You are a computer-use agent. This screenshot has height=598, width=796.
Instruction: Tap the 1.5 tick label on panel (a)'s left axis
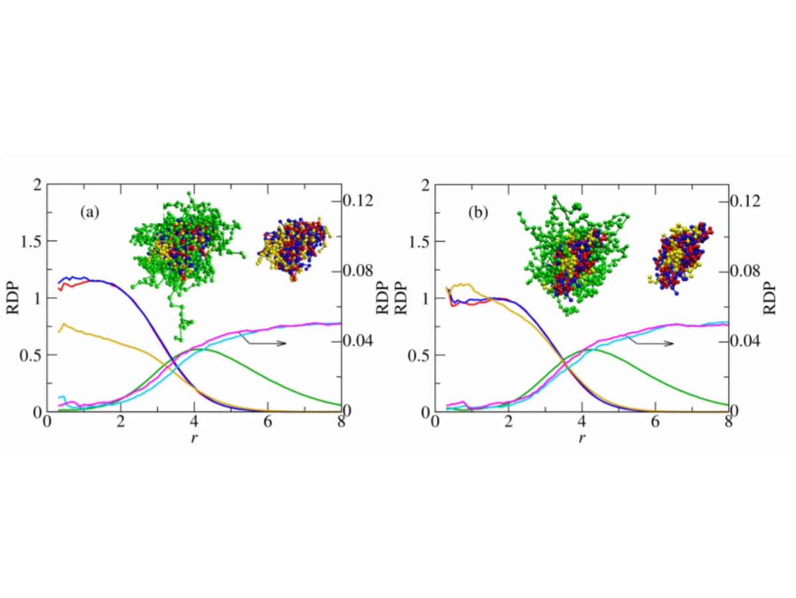[x=29, y=241]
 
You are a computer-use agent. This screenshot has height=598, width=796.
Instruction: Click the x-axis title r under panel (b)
[x=582, y=437]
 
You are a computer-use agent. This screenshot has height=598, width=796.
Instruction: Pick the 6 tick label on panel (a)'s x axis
[x=268, y=424]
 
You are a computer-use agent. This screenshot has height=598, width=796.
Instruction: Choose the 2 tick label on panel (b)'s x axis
[x=509, y=424]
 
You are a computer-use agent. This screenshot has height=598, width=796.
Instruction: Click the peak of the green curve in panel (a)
[x=199, y=349]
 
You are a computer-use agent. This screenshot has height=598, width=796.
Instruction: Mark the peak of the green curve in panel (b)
[x=588, y=349]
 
